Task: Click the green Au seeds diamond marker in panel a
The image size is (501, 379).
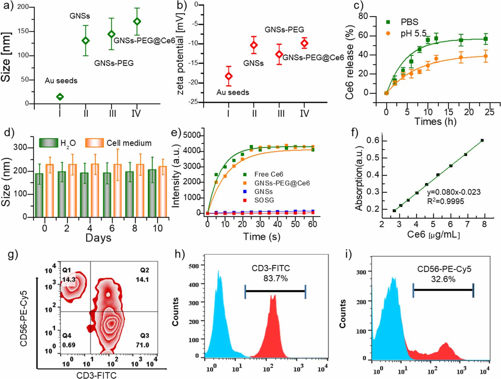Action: (60, 97)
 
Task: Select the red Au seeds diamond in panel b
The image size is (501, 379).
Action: (229, 76)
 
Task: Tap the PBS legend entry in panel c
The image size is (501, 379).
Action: (409, 22)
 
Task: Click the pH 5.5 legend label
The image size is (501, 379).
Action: (413, 33)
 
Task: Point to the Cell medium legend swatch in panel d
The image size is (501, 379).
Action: (94, 143)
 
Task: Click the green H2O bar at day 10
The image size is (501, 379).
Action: (152, 193)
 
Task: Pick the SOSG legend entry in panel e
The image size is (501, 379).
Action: (264, 200)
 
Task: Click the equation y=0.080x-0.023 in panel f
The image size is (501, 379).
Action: (454, 192)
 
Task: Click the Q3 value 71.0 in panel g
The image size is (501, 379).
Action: (142, 345)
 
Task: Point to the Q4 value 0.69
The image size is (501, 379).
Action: (69, 345)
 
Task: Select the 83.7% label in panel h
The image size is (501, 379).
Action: (275, 278)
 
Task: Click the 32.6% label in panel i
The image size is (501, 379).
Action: (443, 279)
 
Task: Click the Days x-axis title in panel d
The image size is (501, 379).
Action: (98, 238)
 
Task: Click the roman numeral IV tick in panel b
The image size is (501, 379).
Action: (304, 113)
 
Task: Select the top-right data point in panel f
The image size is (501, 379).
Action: (482, 141)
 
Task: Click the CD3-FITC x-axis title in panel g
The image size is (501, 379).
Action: (96, 375)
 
